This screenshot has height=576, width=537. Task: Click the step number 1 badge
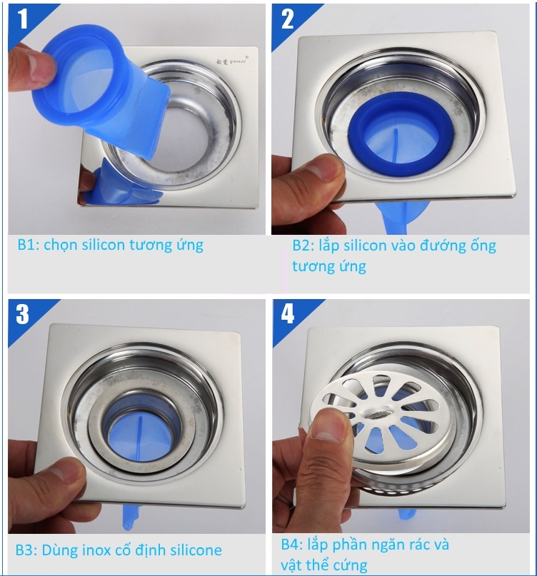click(23, 19)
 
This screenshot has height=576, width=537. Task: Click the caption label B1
click(28, 245)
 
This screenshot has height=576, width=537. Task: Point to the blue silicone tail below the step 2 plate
click(401, 217)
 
